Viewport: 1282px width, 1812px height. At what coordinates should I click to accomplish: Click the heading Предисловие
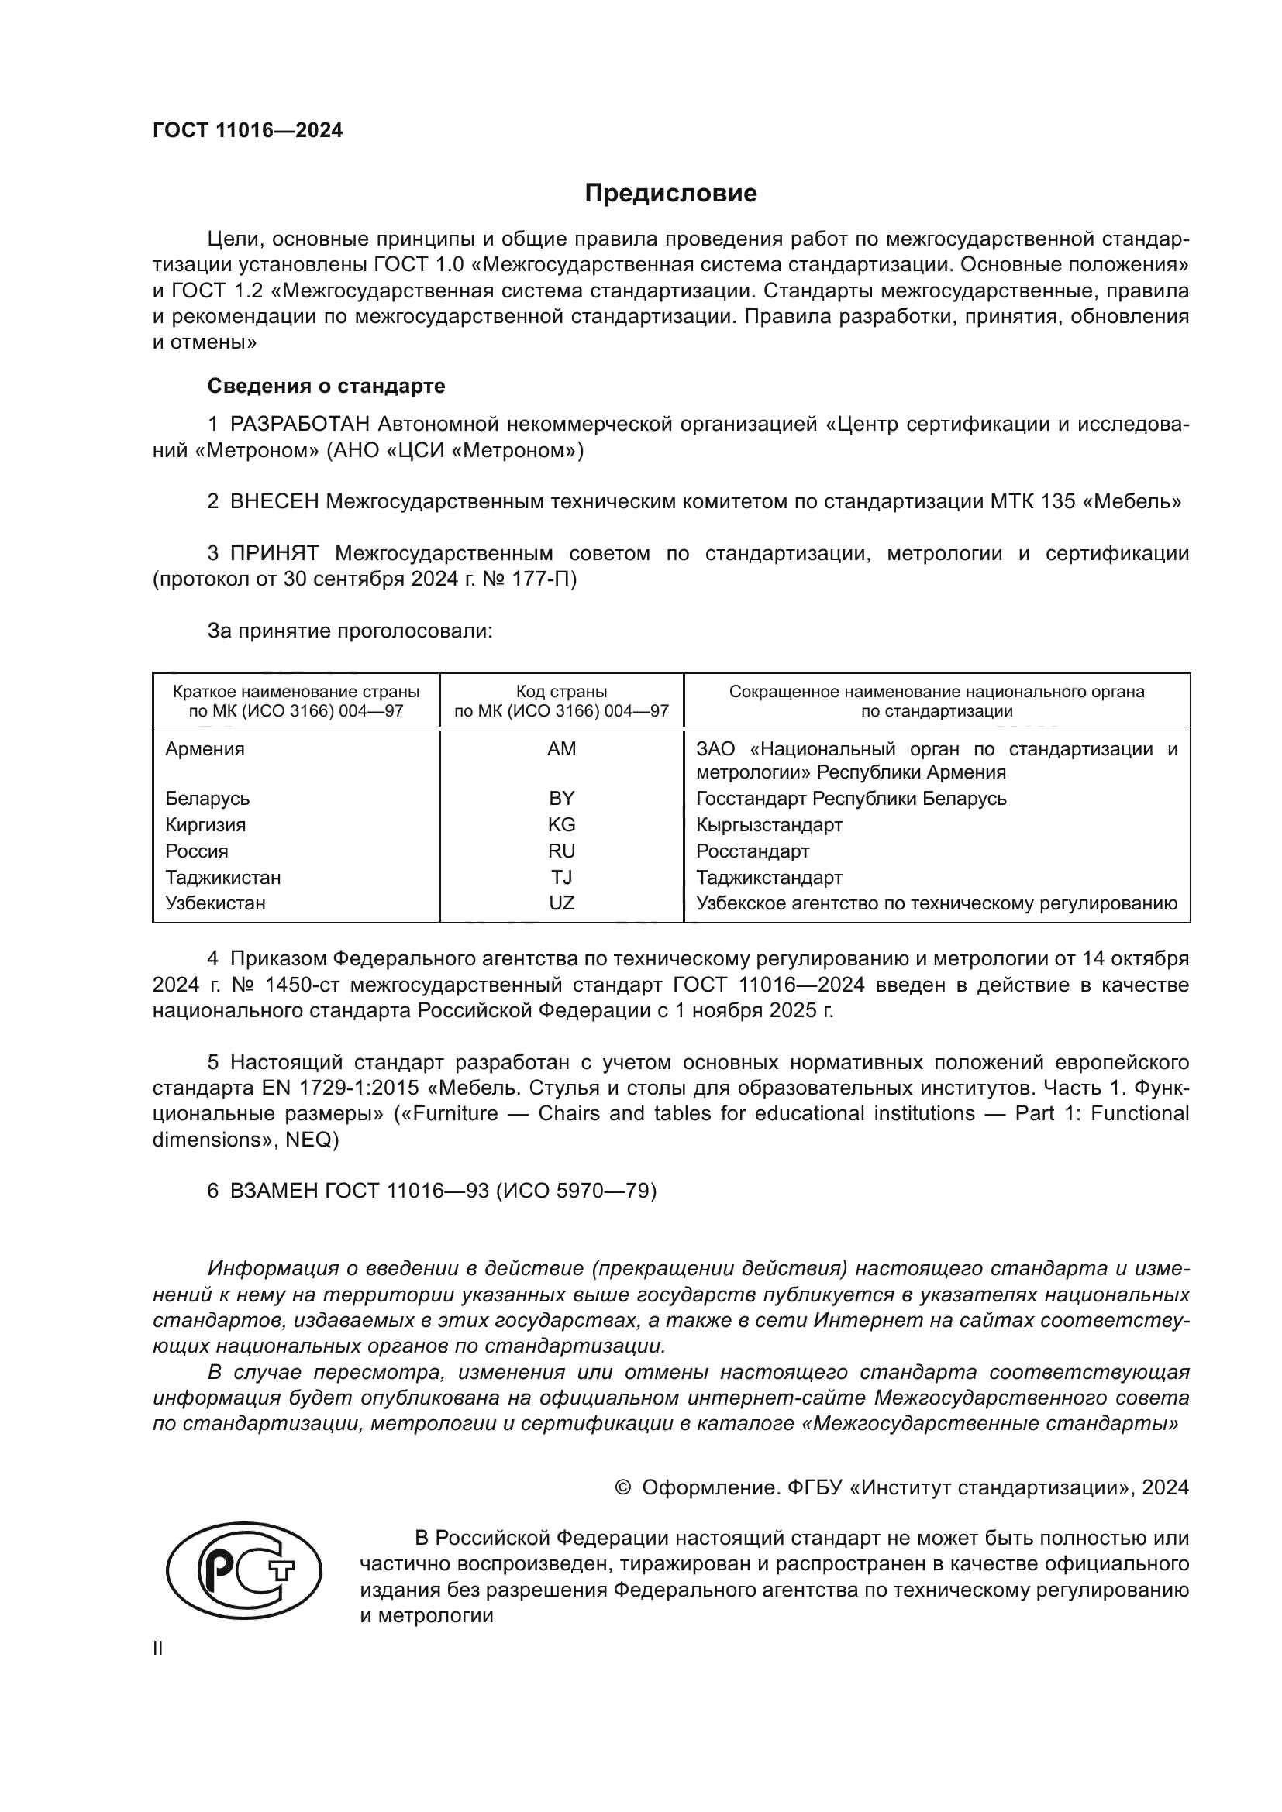[x=670, y=194]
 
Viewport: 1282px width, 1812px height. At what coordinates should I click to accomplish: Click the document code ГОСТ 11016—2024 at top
[x=248, y=131]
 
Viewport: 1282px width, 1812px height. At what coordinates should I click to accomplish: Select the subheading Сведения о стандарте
[x=326, y=386]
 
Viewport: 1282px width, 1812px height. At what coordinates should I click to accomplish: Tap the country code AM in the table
[x=561, y=749]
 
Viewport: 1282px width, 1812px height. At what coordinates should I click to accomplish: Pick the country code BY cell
[x=561, y=798]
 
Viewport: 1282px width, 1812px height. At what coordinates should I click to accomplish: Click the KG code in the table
[x=561, y=825]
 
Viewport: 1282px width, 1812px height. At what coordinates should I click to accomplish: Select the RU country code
[x=561, y=851]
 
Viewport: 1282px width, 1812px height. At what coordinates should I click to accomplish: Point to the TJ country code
[x=561, y=878]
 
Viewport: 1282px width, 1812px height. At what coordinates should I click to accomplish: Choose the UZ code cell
[x=561, y=903]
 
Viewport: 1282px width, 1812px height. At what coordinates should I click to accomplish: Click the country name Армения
[x=205, y=749]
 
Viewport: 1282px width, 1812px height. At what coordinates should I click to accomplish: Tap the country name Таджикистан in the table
[x=222, y=878]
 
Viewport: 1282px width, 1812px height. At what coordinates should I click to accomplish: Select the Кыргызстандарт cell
[x=769, y=825]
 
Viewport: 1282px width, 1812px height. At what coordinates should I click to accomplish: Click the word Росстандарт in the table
[x=753, y=851]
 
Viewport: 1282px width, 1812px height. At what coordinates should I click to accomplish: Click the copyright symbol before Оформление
[x=622, y=1487]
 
